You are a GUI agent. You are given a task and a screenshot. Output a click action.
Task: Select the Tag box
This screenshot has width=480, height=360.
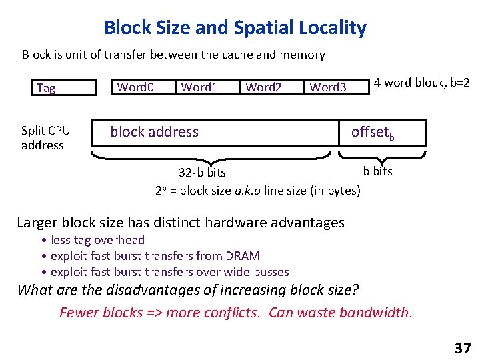(59, 88)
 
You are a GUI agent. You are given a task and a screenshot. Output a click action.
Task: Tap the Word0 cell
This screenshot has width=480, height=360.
(136, 87)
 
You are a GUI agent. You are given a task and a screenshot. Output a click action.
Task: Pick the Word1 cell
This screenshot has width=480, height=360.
(200, 87)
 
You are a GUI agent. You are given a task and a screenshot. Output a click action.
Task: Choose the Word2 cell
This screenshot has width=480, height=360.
(264, 87)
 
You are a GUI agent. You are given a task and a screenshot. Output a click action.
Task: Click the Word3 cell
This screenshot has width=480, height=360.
(328, 87)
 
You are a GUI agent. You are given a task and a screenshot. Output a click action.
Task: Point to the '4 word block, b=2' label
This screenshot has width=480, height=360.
(422, 83)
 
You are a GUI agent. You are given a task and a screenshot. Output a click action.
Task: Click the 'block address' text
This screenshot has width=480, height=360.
(155, 132)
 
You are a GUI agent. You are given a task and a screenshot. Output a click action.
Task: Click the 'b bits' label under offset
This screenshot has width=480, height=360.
(378, 171)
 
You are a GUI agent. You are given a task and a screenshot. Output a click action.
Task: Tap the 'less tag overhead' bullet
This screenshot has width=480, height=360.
(97, 240)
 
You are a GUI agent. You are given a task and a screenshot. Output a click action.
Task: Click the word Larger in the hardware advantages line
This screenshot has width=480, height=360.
(41, 222)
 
